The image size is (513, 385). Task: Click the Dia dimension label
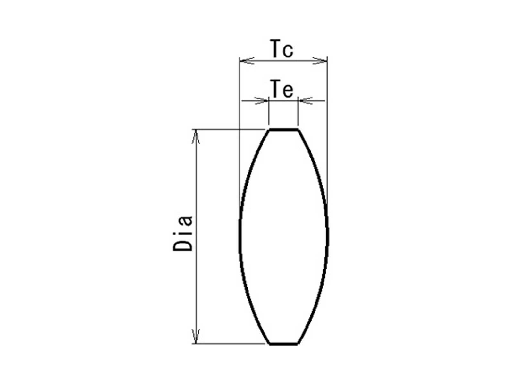[x=183, y=233]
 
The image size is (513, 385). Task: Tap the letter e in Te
[x=288, y=91]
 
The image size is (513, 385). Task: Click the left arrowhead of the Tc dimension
[x=247, y=61]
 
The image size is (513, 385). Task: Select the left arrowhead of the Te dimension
[x=262, y=101]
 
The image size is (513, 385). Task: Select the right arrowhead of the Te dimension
[x=305, y=101]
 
